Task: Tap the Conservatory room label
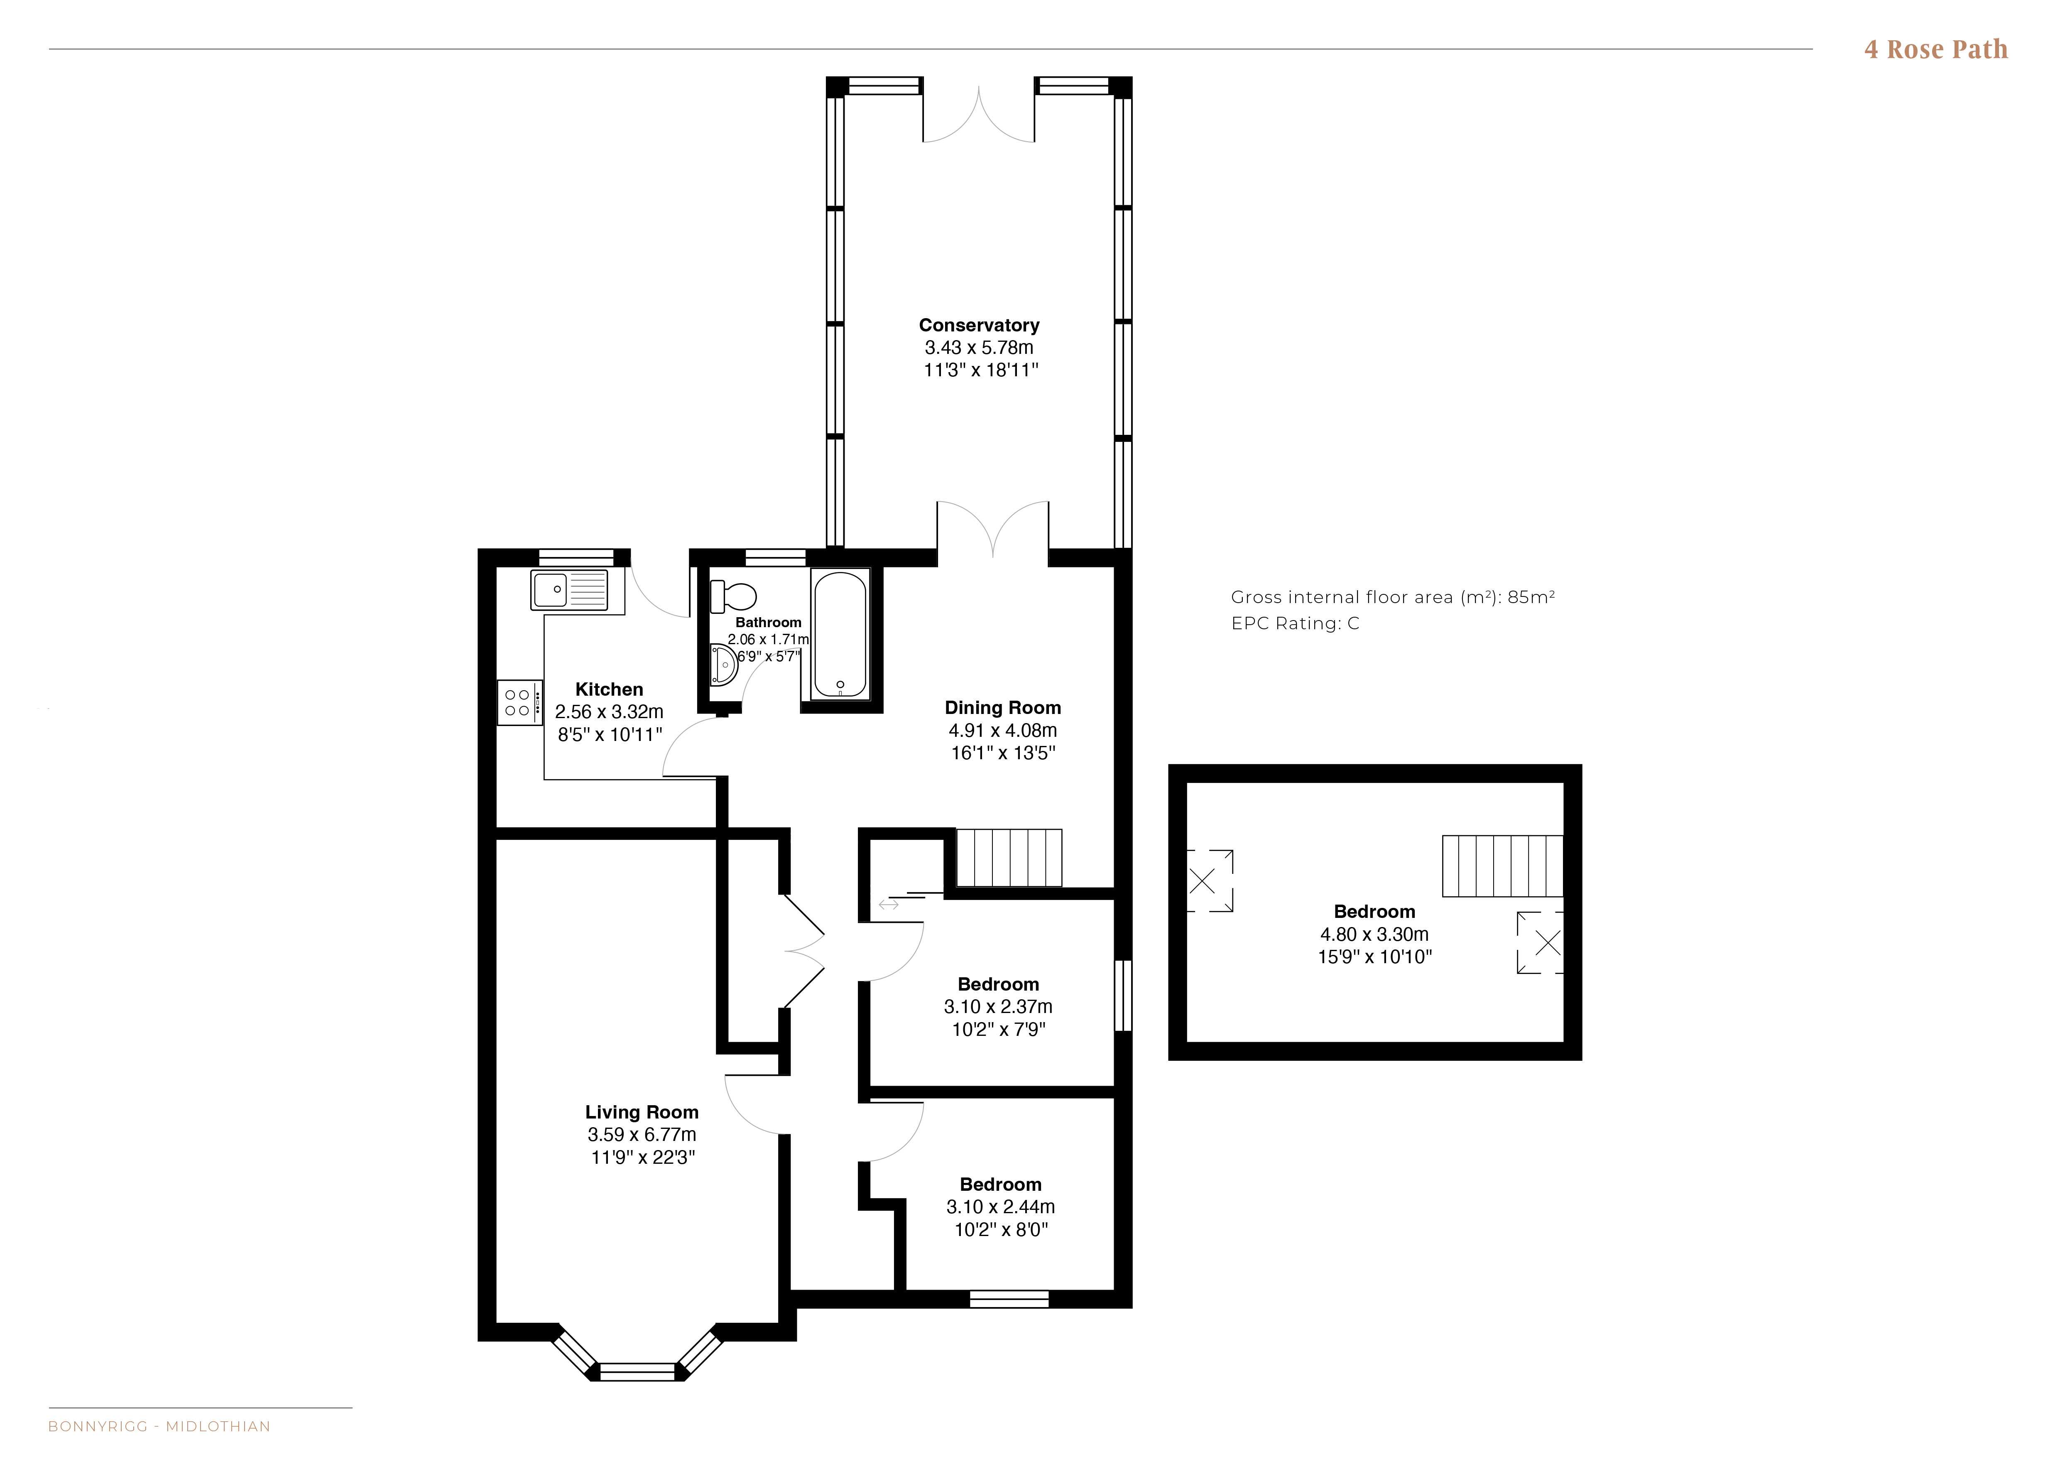point(979,325)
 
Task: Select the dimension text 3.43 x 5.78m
point(979,347)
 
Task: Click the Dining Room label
point(1002,708)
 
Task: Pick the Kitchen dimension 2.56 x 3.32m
point(609,711)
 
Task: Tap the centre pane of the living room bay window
point(637,1371)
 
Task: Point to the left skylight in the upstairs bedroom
point(1210,881)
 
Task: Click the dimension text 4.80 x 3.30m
point(1374,934)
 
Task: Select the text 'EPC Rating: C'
point(1295,623)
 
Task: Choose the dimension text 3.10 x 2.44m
point(1000,1207)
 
